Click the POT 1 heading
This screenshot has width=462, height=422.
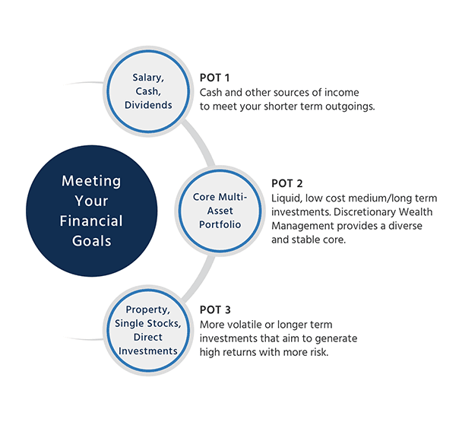point(214,78)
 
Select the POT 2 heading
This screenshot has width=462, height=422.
point(286,183)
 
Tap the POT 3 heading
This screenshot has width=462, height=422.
point(215,310)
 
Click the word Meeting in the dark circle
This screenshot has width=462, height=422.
point(91,181)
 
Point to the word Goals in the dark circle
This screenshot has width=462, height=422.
point(92,241)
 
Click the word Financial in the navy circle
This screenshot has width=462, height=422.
point(91,221)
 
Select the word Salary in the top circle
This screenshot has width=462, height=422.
point(148,78)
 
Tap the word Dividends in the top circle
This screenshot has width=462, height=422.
point(148,105)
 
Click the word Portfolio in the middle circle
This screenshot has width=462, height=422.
point(220,225)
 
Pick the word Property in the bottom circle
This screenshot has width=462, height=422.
point(147,309)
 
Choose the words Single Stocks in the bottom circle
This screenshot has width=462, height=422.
point(147,323)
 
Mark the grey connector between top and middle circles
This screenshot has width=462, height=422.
point(200,141)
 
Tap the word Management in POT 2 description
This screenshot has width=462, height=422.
point(302,226)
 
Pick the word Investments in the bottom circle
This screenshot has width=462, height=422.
point(148,351)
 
